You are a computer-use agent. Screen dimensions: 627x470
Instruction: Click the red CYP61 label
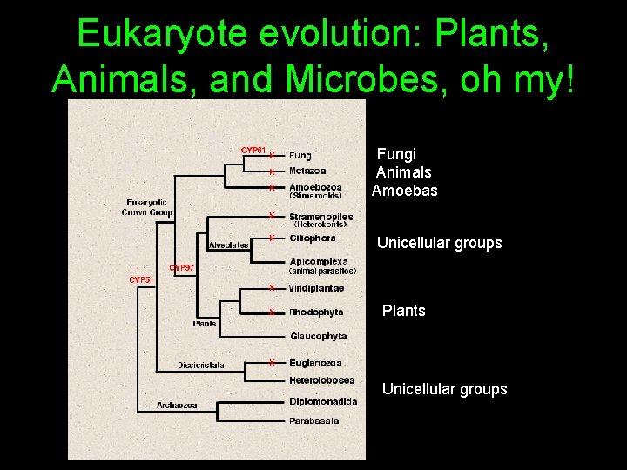tap(253, 150)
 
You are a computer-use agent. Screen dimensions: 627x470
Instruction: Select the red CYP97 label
tap(181, 268)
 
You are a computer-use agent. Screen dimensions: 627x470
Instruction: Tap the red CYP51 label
tap(141, 279)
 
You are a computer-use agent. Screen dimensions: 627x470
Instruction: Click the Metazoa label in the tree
tap(307, 171)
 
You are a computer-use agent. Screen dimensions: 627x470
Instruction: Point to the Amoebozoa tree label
tap(315, 187)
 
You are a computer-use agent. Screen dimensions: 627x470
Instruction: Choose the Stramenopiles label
tap(320, 216)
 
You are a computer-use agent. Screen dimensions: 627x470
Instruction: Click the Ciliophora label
tap(312, 238)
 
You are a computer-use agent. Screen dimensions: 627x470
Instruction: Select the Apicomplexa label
tap(319, 261)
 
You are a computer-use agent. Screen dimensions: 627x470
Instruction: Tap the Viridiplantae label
tap(316, 288)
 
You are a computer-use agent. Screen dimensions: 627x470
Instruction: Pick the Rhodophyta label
tap(316, 312)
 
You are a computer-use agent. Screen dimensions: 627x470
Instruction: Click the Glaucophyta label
tap(318, 336)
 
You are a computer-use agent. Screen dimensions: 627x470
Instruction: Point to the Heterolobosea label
tap(321, 380)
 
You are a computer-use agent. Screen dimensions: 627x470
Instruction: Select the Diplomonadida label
tap(322, 401)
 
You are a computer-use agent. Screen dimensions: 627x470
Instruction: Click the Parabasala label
tap(313, 421)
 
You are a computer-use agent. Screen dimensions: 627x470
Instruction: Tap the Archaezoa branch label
tap(177, 406)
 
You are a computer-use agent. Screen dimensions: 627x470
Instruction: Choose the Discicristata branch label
tap(200, 365)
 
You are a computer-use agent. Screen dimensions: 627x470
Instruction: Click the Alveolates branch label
tap(228, 245)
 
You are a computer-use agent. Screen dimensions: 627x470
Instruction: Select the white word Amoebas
tap(404, 191)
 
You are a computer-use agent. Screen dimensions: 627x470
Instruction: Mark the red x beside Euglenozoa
tap(272, 362)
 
